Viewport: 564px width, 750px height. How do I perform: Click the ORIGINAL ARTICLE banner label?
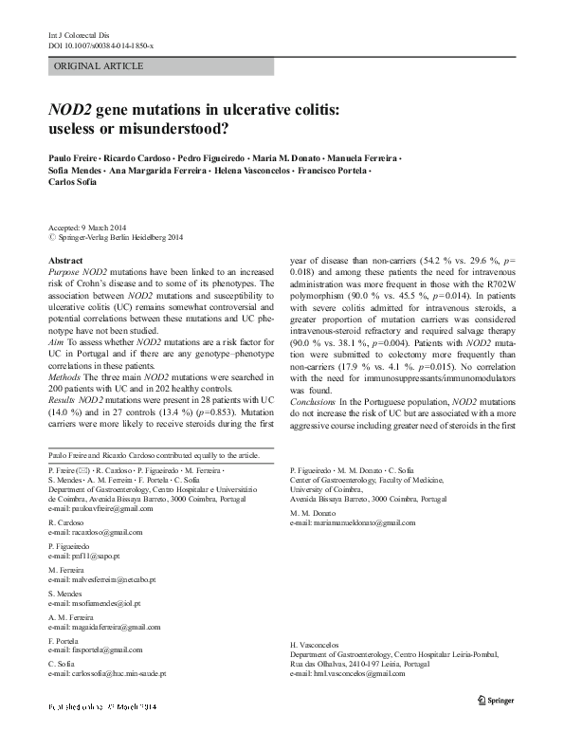click(x=100, y=66)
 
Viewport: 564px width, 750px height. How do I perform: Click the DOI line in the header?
click(x=100, y=46)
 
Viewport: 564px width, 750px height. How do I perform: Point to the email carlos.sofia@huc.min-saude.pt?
click(x=107, y=674)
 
